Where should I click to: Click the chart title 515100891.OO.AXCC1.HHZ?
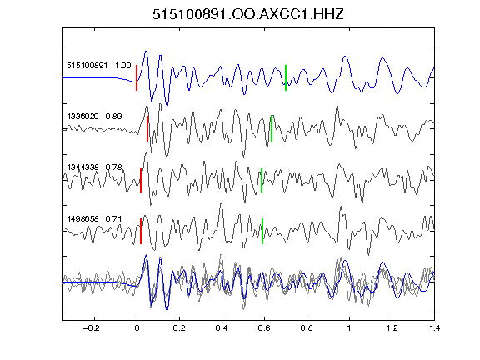(248, 14)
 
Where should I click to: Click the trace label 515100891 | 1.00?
(99, 66)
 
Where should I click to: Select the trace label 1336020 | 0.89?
(95, 117)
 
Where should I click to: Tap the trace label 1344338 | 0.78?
(95, 167)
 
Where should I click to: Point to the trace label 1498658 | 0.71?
(95, 219)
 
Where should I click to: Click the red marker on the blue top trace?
(137, 77)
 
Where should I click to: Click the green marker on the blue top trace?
(286, 77)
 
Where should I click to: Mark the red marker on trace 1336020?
(147, 128)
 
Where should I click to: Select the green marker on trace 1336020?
(272, 128)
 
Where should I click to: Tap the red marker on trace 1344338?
(141, 180)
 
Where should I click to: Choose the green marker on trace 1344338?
(262, 180)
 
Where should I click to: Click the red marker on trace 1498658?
(141, 231)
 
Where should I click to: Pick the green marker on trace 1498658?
(262, 231)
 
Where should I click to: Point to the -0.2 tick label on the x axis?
(92, 328)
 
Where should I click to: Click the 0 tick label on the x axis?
(137, 328)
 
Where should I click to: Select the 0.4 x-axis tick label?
(222, 328)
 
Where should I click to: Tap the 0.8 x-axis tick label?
(307, 328)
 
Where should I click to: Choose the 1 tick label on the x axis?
(349, 328)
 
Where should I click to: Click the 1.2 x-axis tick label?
(392, 328)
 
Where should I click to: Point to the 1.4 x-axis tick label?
(434, 328)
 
